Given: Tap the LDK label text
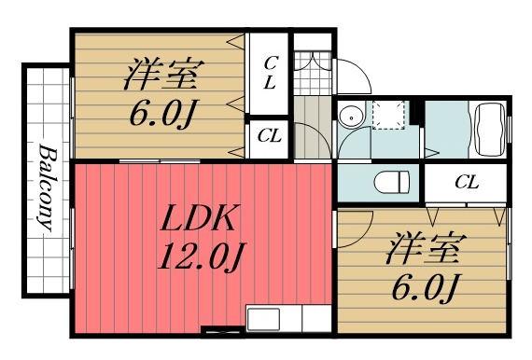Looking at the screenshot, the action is pyautogui.click(x=199, y=218).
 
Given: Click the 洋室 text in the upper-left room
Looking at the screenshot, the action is pyautogui.click(x=164, y=74).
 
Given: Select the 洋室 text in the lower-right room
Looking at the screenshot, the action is pyautogui.click(x=427, y=248).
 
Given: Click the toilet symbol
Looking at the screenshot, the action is pyautogui.click(x=392, y=182).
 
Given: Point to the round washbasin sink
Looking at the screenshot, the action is pyautogui.click(x=351, y=118).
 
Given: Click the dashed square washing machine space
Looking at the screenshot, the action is pyautogui.click(x=389, y=115).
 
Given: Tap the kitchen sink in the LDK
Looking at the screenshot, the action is pyautogui.click(x=263, y=319).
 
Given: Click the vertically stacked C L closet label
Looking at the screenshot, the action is pyautogui.click(x=271, y=73).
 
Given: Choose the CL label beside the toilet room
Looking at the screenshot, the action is pyautogui.click(x=467, y=183).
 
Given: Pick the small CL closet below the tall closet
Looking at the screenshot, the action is pyautogui.click(x=270, y=136).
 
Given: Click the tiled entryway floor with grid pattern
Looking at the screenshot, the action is pyautogui.click(x=313, y=73).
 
